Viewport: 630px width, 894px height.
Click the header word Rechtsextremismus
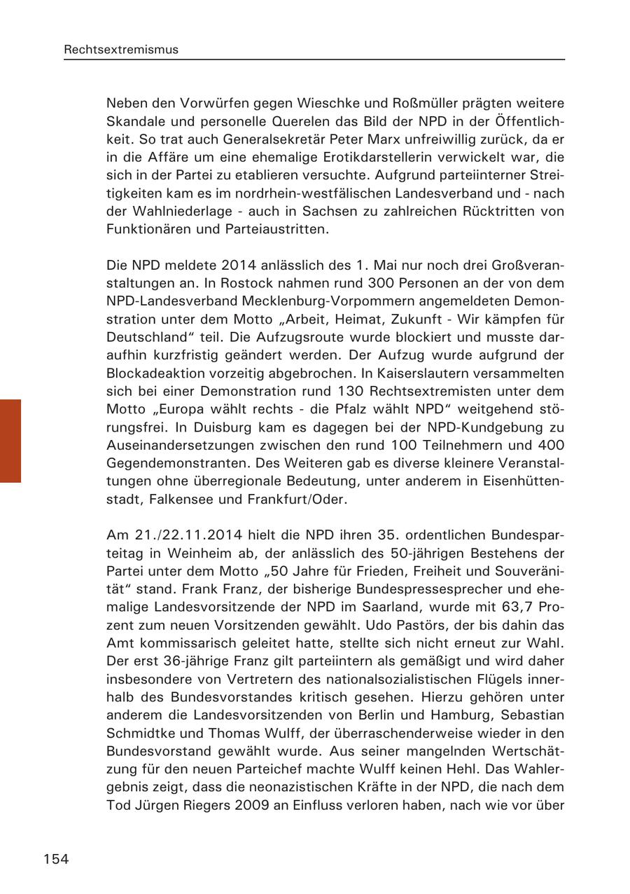click(121, 50)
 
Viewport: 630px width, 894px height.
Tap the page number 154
click(56, 859)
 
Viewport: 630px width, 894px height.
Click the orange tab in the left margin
click(10, 441)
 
